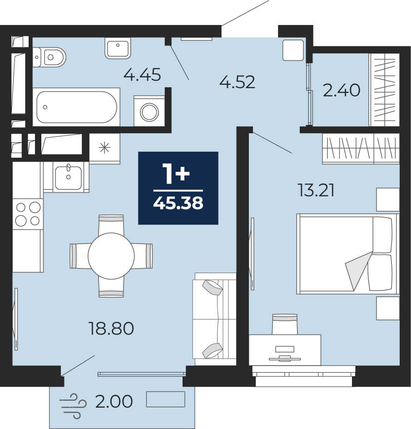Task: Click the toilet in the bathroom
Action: pyautogui.click(x=49, y=57)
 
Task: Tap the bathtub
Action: pyautogui.click(x=76, y=107)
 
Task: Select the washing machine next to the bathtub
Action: pyautogui.click(x=149, y=111)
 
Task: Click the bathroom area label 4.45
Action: pyautogui.click(x=142, y=75)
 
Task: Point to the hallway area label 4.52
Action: pyautogui.click(x=238, y=82)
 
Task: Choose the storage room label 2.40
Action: pyautogui.click(x=342, y=90)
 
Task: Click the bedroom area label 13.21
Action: pyautogui.click(x=316, y=190)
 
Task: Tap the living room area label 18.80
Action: pyautogui.click(x=111, y=329)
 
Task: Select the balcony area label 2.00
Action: pyautogui.click(x=114, y=401)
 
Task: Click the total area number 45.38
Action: pyautogui.click(x=178, y=203)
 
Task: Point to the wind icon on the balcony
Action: pyautogui.click(x=73, y=406)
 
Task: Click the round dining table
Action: pyautogui.click(x=111, y=256)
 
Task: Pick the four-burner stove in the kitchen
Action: pyautogui.click(x=28, y=214)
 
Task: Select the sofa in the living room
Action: pyautogui.click(x=214, y=319)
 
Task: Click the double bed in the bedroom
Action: pyautogui.click(x=348, y=254)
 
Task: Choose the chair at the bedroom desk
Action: pyautogui.click(x=285, y=324)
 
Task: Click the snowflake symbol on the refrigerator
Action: pyautogui.click(x=105, y=148)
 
